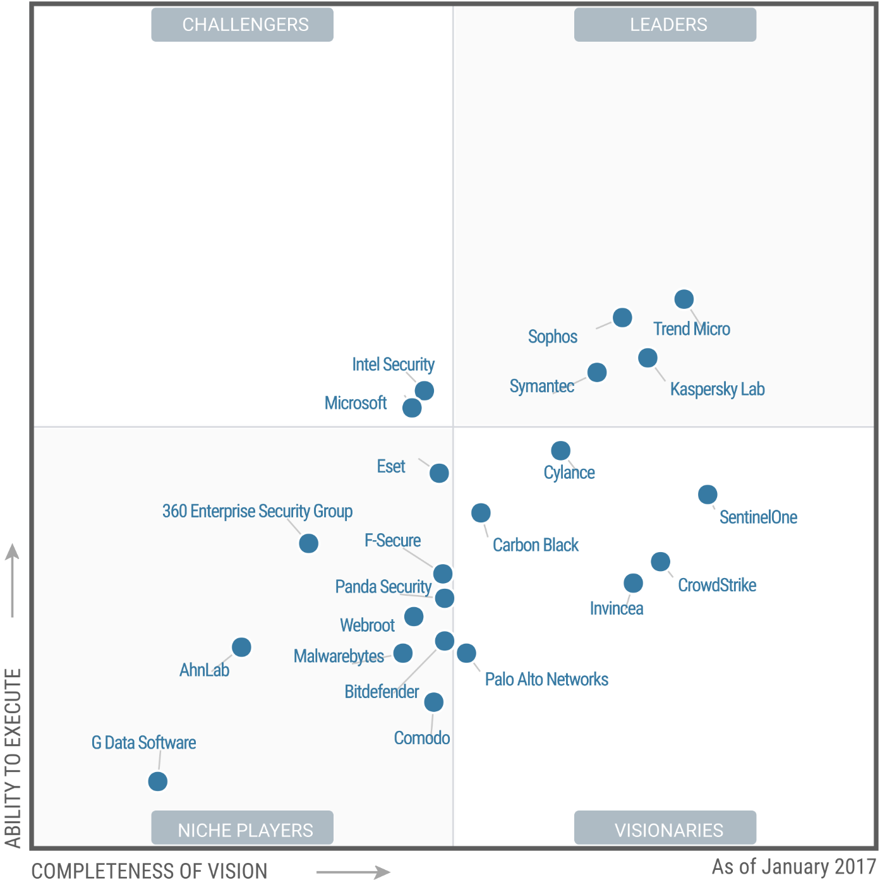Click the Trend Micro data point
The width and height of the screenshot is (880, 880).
(684, 299)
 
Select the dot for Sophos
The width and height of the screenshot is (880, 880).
(622, 317)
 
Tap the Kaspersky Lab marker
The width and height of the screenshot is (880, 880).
(648, 358)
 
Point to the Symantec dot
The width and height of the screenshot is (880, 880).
(597, 372)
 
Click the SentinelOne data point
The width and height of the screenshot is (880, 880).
(708, 494)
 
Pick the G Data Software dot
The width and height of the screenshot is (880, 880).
(158, 781)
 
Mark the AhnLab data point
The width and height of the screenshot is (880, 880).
(241, 647)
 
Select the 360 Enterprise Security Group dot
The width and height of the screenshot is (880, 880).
(308, 543)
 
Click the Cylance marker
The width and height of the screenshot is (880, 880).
(560, 450)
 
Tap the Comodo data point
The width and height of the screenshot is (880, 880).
(433, 702)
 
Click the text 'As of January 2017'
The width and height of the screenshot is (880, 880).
(793, 867)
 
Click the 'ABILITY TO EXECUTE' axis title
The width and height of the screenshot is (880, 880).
(13, 757)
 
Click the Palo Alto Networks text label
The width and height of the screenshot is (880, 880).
(546, 680)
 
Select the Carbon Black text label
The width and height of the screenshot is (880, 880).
(535, 545)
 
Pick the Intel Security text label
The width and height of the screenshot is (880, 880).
(393, 365)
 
